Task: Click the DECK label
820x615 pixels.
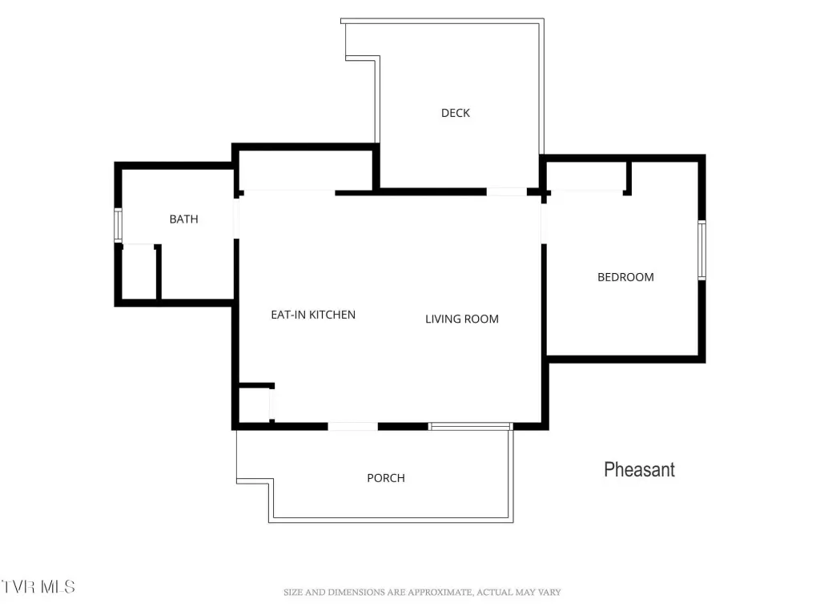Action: click(456, 113)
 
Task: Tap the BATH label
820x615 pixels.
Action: click(183, 219)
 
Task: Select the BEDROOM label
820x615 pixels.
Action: click(625, 277)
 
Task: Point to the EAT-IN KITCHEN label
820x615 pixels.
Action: click(313, 315)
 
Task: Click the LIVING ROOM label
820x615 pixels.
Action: click(462, 319)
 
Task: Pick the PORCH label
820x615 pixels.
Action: click(386, 478)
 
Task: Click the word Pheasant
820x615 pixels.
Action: click(639, 469)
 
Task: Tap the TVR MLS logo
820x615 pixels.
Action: click(38, 587)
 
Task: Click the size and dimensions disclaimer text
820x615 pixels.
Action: click(422, 592)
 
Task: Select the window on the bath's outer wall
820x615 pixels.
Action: click(119, 225)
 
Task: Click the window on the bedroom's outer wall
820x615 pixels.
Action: click(701, 250)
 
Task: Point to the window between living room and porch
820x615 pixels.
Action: click(469, 427)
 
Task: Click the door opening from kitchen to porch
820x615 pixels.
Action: click(352, 427)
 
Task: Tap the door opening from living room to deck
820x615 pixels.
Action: click(506, 192)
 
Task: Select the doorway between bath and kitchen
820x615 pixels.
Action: click(236, 218)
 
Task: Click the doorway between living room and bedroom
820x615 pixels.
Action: click(544, 223)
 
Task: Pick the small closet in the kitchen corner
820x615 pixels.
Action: click(255, 404)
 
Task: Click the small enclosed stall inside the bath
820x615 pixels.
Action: click(139, 272)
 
